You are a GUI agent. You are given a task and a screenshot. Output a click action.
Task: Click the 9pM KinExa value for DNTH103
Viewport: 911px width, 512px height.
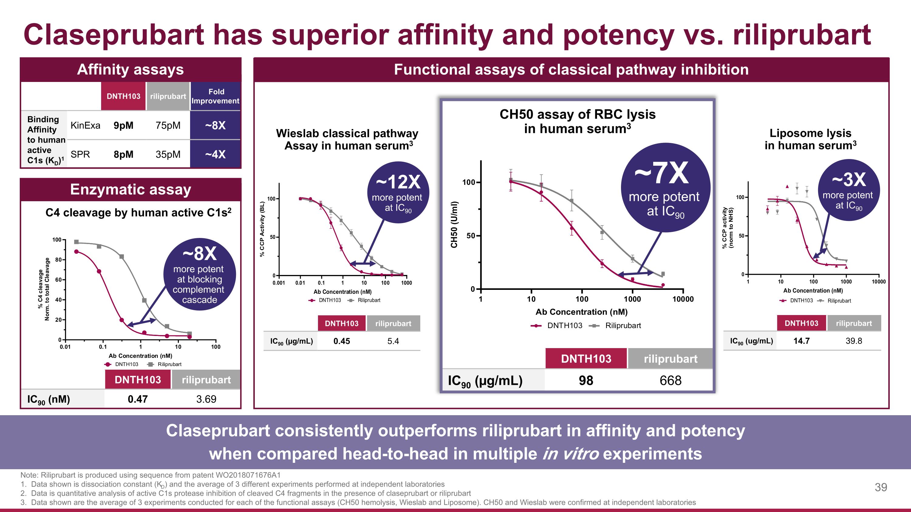tap(123, 125)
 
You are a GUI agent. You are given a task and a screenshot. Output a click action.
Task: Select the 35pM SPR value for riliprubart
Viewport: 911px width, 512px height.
tap(168, 154)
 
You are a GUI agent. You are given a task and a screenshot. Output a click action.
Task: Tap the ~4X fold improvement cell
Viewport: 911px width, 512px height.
tap(215, 154)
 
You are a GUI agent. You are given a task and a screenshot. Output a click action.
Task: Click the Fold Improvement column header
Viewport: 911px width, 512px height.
tap(215, 96)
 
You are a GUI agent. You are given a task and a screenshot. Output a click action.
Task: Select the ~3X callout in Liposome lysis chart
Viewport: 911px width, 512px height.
tap(848, 190)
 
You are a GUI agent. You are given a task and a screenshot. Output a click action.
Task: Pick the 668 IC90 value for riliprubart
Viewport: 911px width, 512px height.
tap(670, 381)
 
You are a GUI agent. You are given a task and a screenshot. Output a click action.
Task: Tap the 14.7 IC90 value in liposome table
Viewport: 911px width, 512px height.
tap(801, 341)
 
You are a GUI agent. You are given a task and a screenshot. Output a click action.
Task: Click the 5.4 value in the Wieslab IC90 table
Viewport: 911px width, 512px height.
tap(393, 341)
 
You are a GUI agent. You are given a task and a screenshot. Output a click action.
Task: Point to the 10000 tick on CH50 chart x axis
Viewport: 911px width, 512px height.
tap(683, 299)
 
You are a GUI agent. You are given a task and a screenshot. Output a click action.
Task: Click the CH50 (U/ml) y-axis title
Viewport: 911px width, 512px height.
tap(454, 225)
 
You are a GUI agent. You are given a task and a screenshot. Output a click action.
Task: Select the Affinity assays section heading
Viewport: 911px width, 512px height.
tap(131, 69)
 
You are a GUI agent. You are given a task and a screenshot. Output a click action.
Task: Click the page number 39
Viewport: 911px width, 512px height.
tap(881, 487)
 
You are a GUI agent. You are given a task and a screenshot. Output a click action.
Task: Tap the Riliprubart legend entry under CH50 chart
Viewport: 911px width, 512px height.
tap(623, 325)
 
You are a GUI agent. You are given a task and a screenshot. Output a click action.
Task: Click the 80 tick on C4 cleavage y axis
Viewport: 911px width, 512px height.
tap(58, 260)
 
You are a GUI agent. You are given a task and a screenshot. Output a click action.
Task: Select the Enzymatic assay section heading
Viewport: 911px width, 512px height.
tap(131, 189)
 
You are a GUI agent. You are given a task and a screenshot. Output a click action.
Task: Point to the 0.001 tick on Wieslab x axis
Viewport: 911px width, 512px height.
tap(279, 283)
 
